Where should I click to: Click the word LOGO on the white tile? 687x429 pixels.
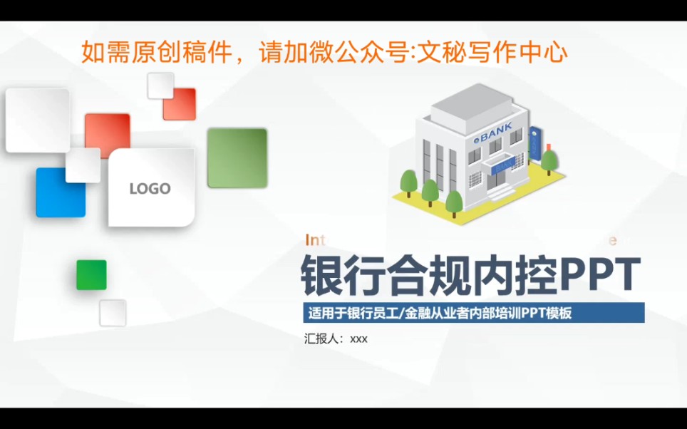tap(150, 189)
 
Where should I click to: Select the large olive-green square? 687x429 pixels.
tap(237, 157)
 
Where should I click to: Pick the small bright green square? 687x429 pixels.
tap(91, 275)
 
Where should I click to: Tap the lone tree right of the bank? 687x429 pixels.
tap(548, 160)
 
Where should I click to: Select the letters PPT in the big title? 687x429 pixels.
tap(601, 275)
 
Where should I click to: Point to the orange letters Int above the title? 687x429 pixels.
tap(314, 239)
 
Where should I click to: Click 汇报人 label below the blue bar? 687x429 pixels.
tap(321, 338)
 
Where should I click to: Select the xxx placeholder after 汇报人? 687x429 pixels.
tap(358, 339)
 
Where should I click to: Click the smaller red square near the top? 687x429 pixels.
tap(179, 104)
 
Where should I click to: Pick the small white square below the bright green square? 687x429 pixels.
tap(113, 313)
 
